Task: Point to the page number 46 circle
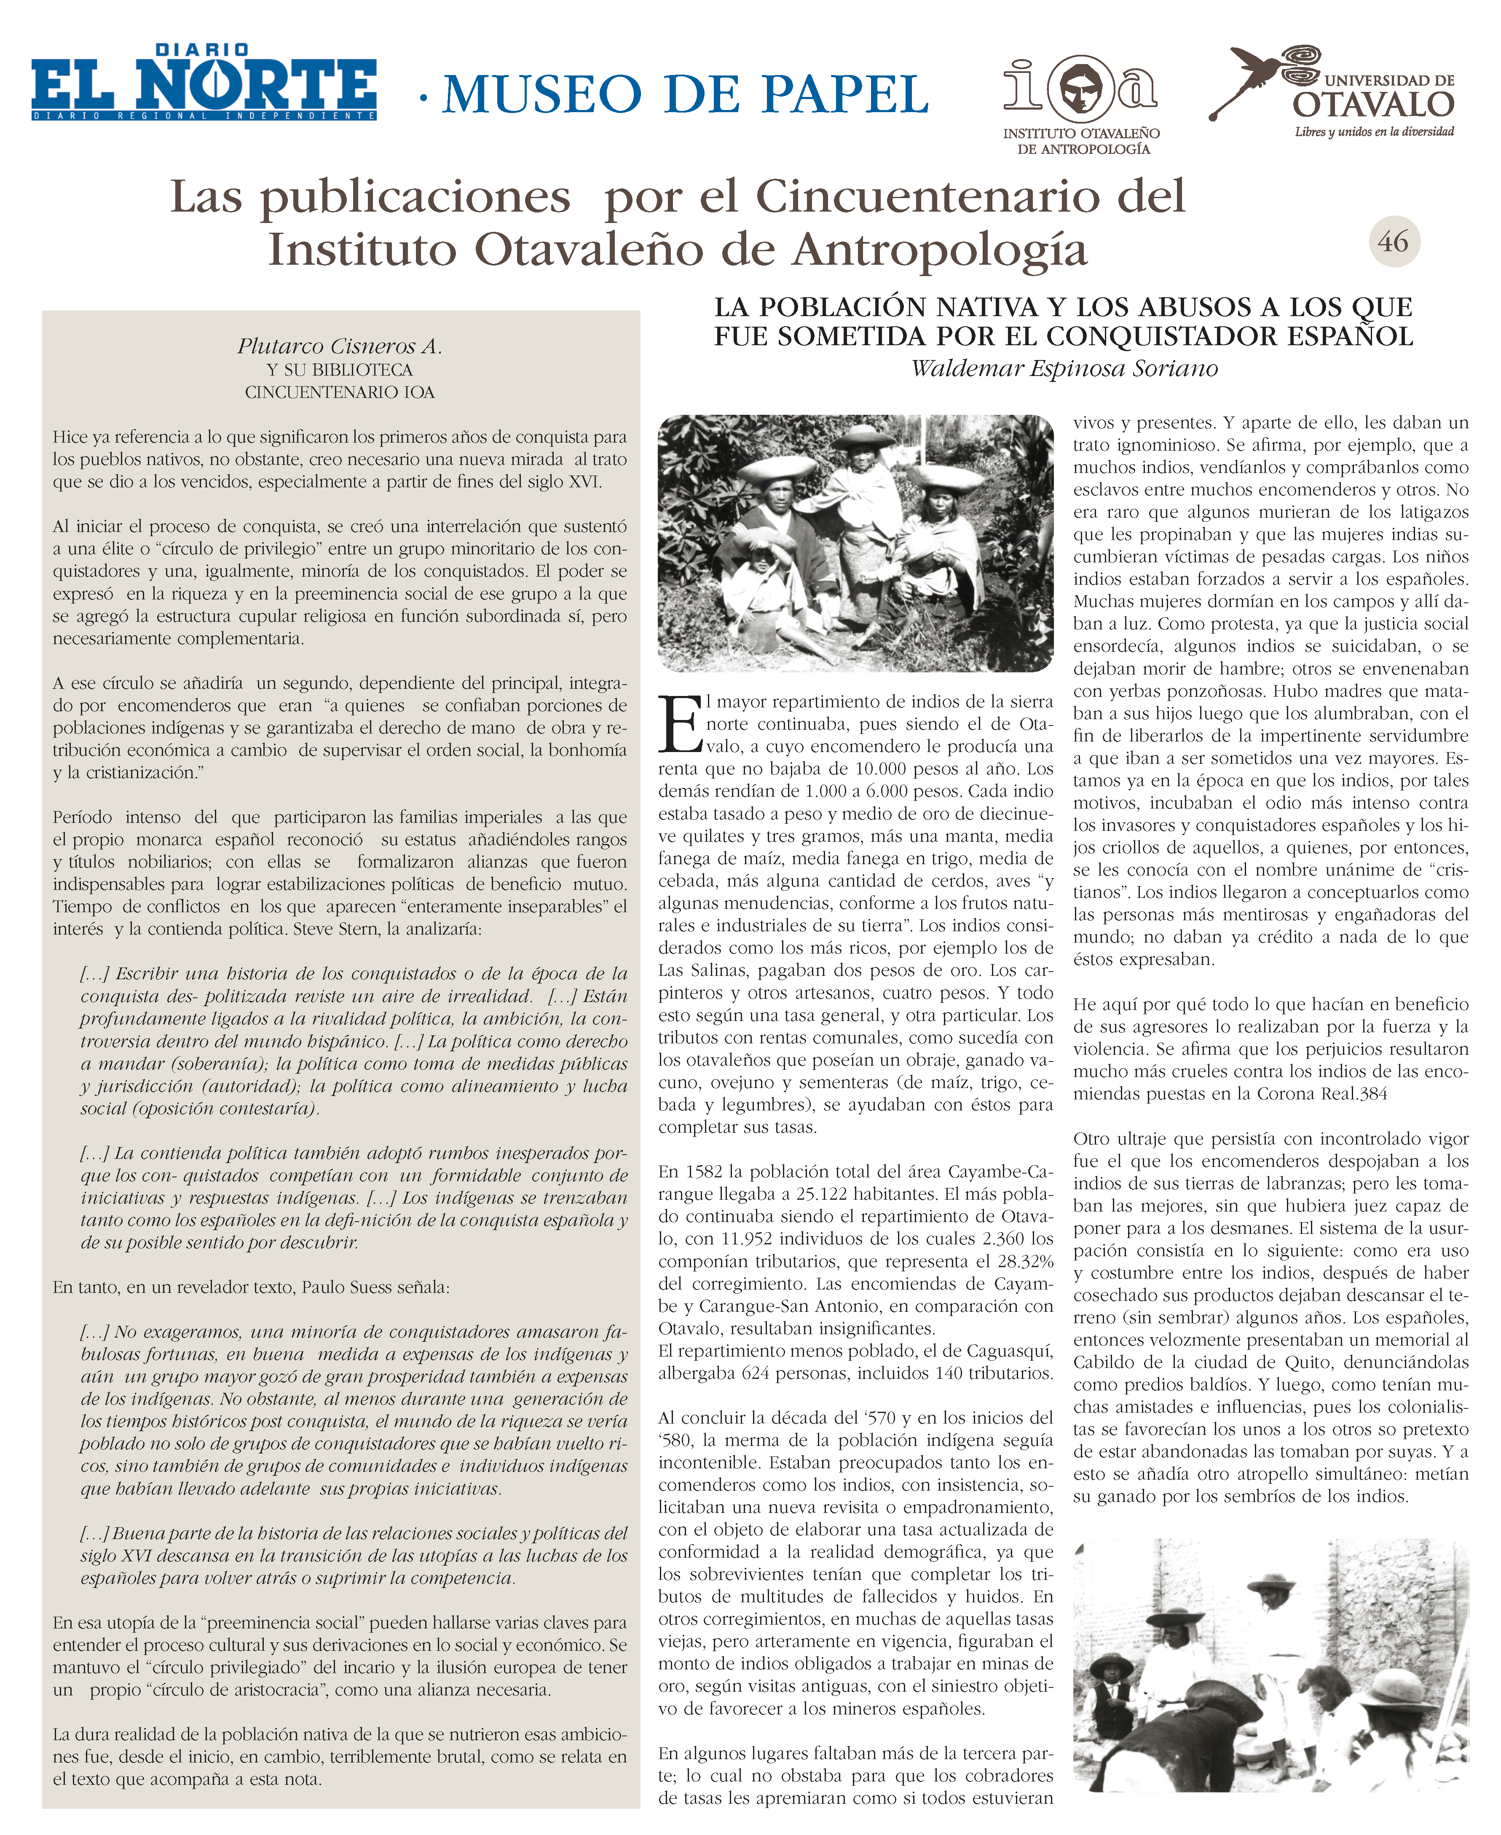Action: pos(1393,241)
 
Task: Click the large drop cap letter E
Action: pos(680,725)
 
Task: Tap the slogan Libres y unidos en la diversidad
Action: pos(1374,132)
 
